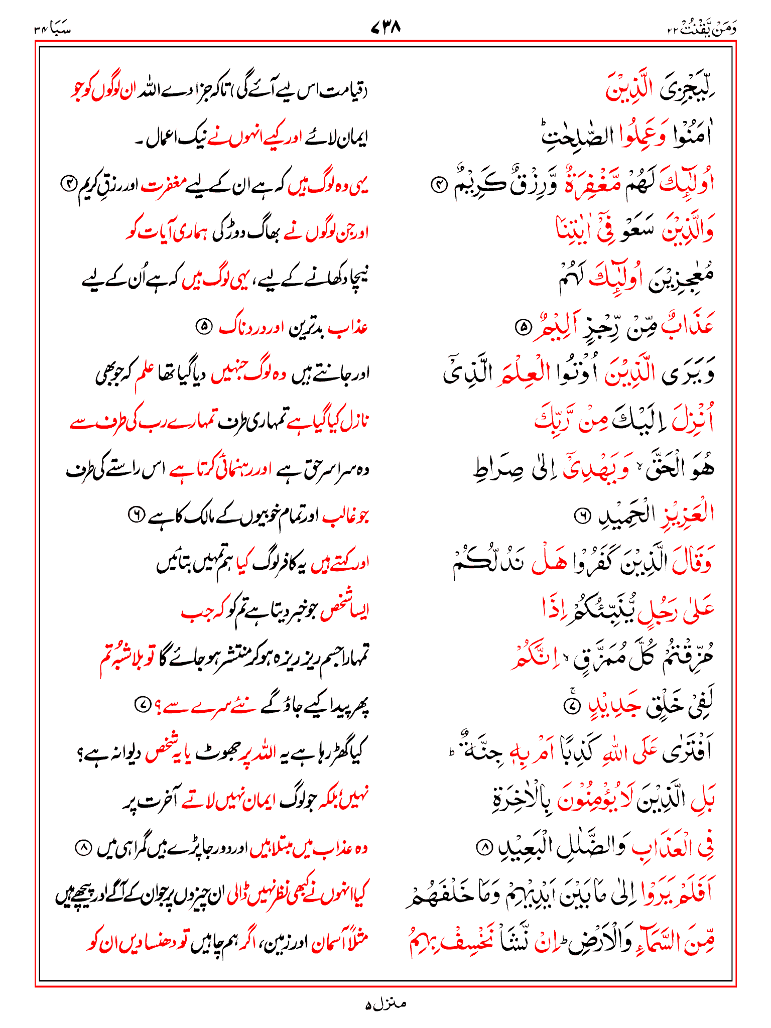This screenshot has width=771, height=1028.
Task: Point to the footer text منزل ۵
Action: (x=385, y=1004)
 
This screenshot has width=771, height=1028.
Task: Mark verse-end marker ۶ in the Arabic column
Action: (x=582, y=515)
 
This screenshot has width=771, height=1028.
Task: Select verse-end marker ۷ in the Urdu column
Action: (x=142, y=706)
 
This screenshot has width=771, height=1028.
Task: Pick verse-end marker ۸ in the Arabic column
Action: (x=484, y=848)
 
